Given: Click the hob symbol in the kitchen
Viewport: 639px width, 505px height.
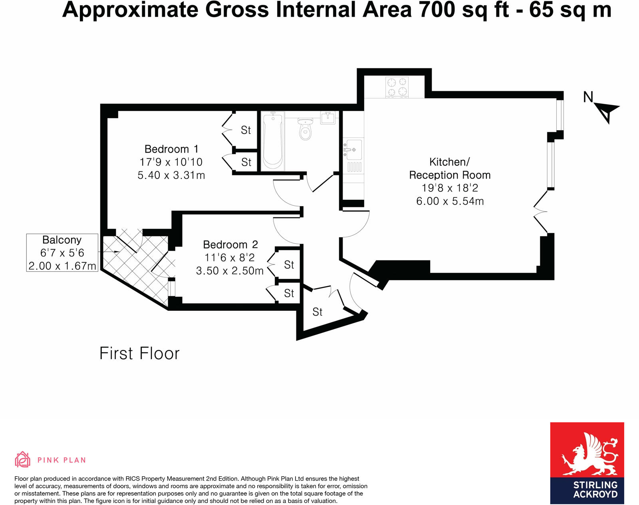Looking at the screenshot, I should (x=397, y=87).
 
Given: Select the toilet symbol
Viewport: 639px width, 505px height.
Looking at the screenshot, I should (x=305, y=129).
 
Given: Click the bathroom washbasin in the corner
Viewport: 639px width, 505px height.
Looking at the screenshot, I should (x=328, y=117).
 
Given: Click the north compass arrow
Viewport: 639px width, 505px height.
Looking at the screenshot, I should (x=606, y=111).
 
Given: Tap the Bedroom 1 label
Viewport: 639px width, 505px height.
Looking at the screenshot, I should (x=171, y=149).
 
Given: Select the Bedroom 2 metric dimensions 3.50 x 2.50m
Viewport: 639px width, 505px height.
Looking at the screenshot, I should (x=230, y=271).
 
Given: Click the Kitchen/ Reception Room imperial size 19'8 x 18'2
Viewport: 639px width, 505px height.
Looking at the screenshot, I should (x=450, y=188).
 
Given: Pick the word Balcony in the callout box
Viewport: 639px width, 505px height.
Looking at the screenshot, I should (x=62, y=240).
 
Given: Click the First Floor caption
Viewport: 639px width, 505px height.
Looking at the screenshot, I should (x=139, y=354).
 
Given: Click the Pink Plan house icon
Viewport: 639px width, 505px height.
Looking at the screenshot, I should (x=22, y=459).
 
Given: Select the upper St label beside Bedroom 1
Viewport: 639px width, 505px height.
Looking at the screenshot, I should (x=246, y=130).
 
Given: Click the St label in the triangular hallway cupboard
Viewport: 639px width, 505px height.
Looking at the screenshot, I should (x=317, y=312).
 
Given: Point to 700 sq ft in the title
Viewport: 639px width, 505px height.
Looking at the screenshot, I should (x=464, y=10).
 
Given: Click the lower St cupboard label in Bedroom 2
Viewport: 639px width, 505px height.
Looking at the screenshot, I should (x=289, y=293).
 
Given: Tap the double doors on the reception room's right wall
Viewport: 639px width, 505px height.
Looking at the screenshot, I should (x=541, y=211).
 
